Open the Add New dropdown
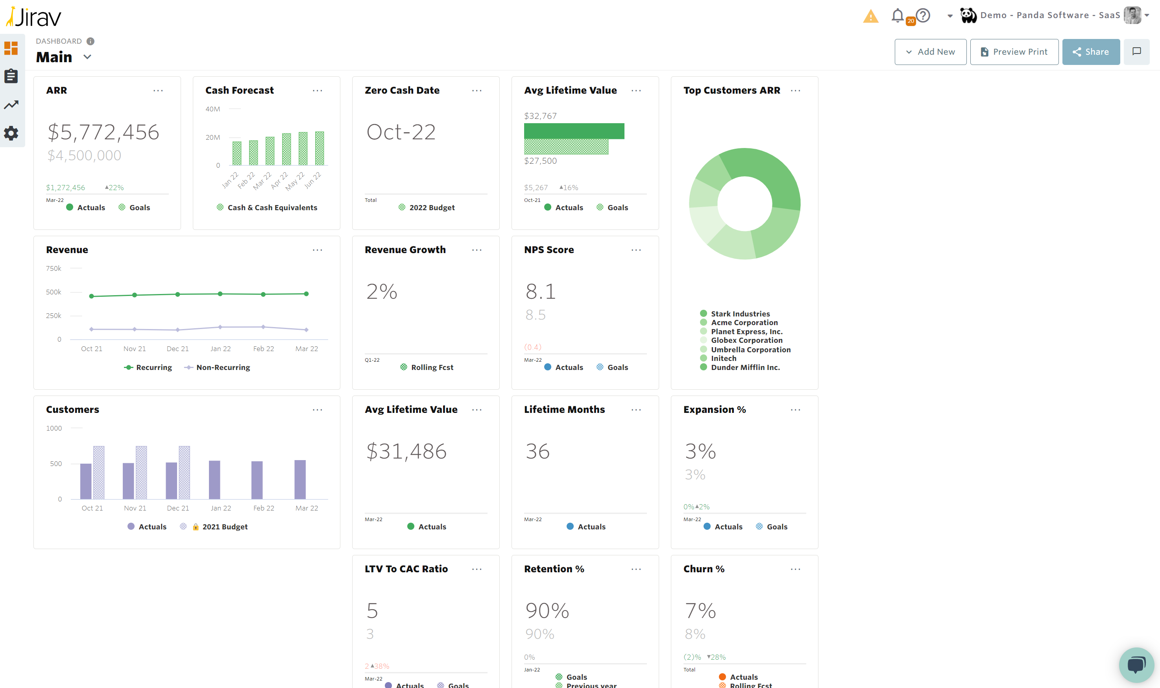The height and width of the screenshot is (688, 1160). coord(930,52)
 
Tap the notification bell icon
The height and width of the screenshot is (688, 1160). coord(898,15)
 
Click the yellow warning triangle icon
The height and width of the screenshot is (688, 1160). coord(870,17)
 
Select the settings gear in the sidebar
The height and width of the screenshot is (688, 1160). coord(11,133)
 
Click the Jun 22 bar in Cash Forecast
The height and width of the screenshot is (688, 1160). coord(319,148)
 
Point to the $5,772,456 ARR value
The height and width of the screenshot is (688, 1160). coord(103,132)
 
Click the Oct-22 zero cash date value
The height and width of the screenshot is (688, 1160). coord(401,132)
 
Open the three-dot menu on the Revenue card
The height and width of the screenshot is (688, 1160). coord(317,250)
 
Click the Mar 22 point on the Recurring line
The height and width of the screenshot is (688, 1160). coord(307,294)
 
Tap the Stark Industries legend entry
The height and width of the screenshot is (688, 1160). coord(740,314)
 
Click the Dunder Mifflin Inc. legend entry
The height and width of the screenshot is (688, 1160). coord(745,367)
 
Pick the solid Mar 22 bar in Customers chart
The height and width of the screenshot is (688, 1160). coord(300,479)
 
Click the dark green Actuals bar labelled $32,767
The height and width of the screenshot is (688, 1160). coord(574,131)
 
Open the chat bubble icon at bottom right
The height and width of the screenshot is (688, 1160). coord(1136,664)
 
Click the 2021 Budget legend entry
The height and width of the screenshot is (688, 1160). coord(224,527)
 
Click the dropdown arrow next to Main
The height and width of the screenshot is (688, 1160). coord(87,57)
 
